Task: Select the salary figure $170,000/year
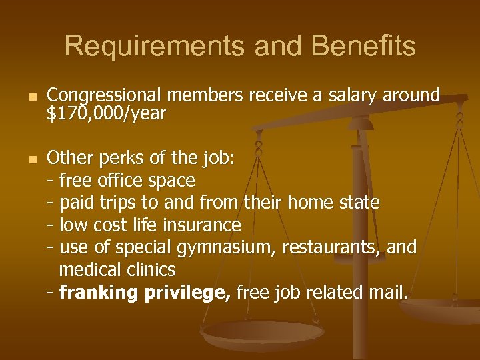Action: (x=106, y=114)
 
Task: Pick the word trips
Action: (x=117, y=202)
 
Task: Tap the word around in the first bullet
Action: (x=411, y=95)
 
